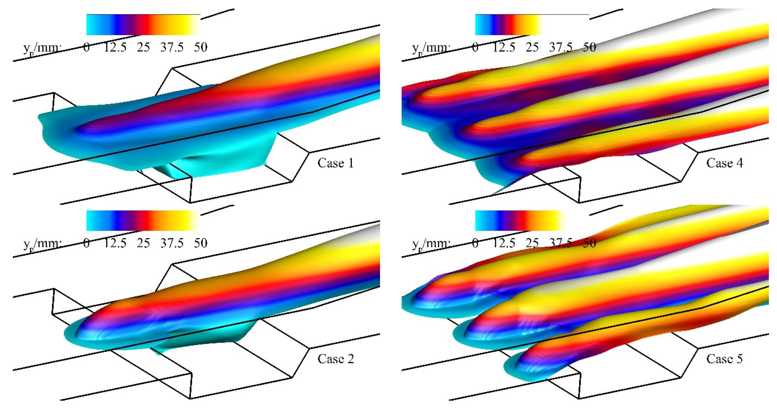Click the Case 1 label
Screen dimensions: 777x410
pyautogui.click(x=336, y=163)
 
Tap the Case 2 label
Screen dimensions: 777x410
pyautogui.click(x=336, y=359)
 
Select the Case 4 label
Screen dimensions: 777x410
pyautogui.click(x=724, y=163)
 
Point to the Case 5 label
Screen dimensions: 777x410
pyautogui.click(x=724, y=359)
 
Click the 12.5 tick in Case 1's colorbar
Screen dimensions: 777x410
pyautogui.click(x=115, y=47)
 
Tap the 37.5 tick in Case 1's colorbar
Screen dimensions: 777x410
pyautogui.click(x=172, y=47)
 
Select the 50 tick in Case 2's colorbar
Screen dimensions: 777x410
pyautogui.click(x=201, y=243)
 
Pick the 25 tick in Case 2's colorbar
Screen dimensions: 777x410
pyautogui.click(x=143, y=243)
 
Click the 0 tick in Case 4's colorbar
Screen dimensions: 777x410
pyautogui.click(x=475, y=47)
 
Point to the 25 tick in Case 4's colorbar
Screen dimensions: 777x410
pyautogui.click(x=532, y=47)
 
